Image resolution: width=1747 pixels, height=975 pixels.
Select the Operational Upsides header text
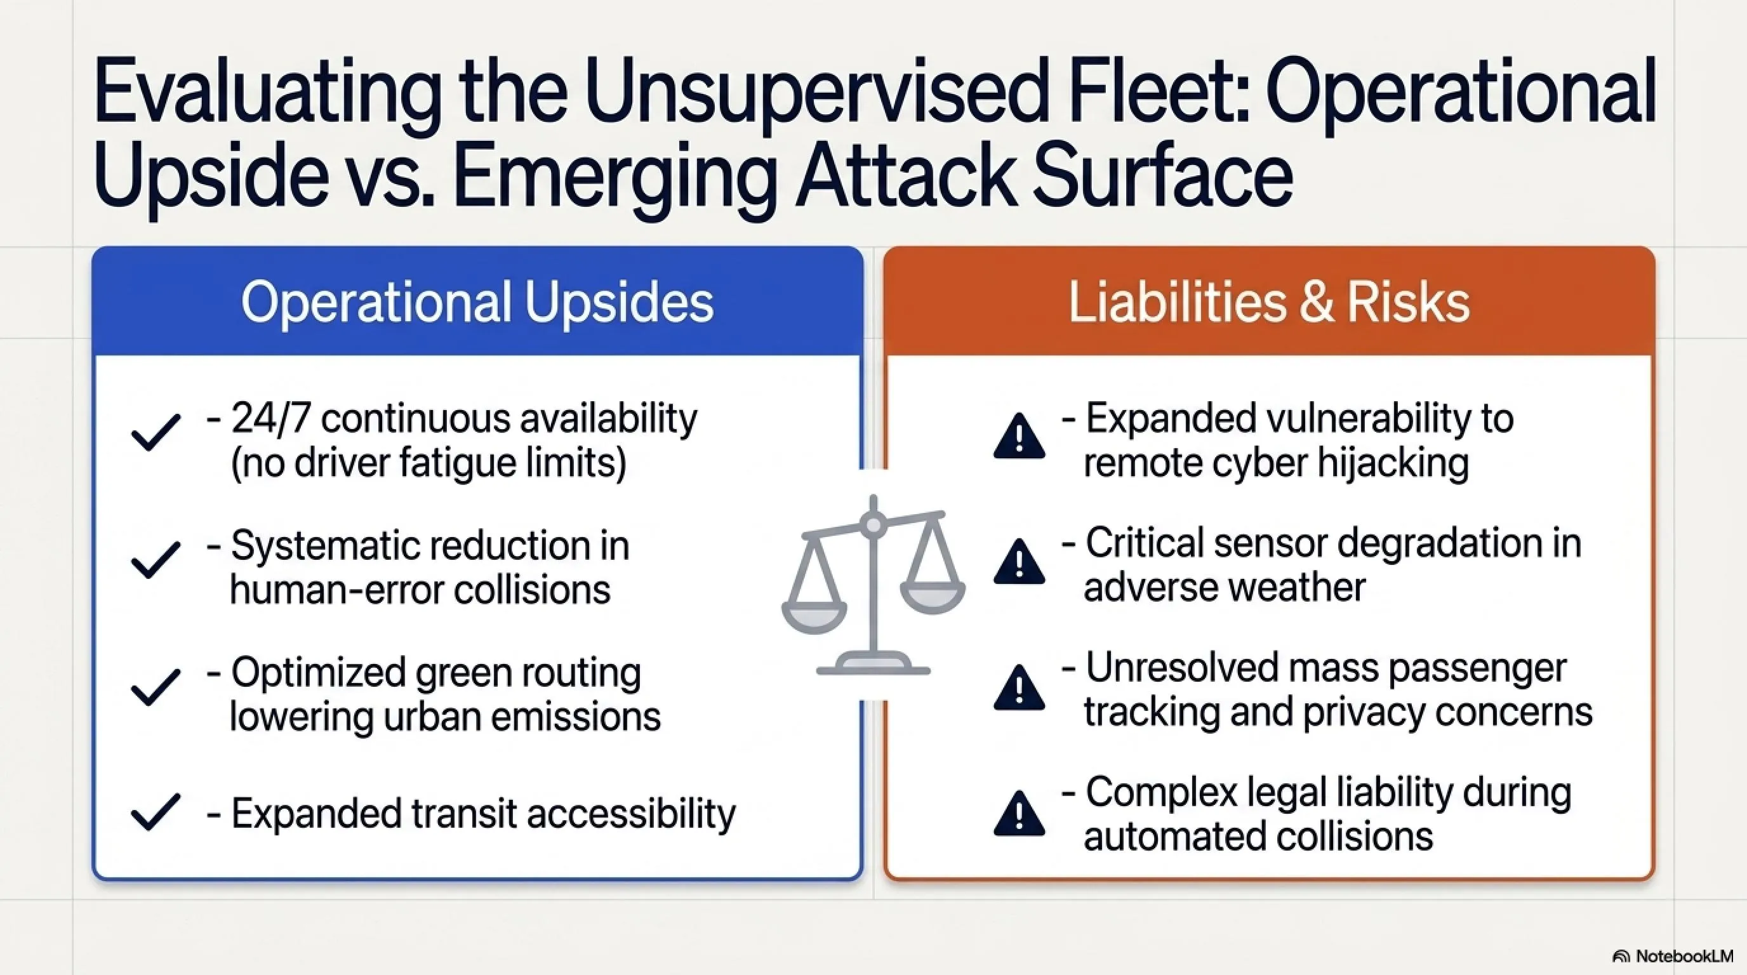tap(477, 302)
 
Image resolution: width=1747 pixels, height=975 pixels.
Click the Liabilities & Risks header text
tap(1269, 302)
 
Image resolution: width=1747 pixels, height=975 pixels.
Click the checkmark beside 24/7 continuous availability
tap(156, 432)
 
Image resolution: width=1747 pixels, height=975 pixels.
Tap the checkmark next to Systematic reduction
tap(156, 559)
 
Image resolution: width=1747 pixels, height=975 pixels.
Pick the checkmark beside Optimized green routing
tap(156, 687)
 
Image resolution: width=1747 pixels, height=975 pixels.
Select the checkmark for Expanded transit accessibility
tap(156, 812)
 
